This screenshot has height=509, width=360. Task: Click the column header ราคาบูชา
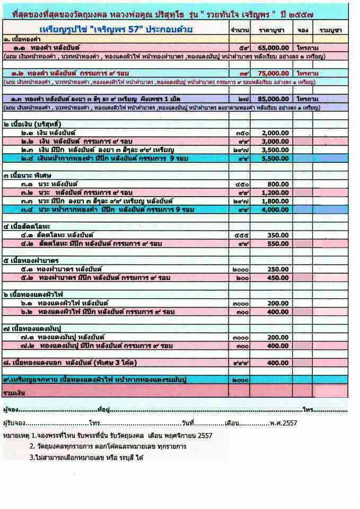pyautogui.click(x=271, y=30)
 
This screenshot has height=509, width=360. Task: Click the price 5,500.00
pyautogui.click(x=276, y=158)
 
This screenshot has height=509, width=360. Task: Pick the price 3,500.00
pyautogui.click(x=276, y=150)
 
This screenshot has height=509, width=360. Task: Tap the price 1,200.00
pyautogui.click(x=276, y=192)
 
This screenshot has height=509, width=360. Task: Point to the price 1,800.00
pyautogui.click(x=276, y=200)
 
